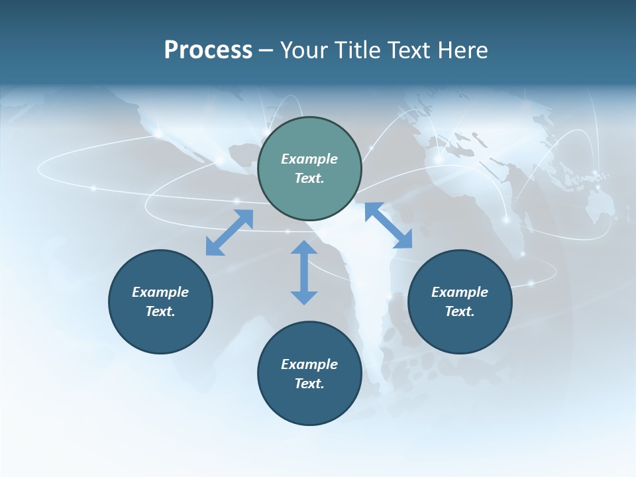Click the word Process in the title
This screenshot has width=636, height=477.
click(208, 50)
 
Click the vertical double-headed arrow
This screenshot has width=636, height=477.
click(304, 272)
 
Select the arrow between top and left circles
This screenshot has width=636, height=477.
click(229, 233)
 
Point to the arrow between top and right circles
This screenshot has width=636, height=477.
click(388, 226)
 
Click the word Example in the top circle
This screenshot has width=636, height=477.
click(309, 159)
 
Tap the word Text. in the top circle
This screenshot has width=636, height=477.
click(309, 178)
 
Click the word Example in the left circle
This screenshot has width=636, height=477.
click(160, 292)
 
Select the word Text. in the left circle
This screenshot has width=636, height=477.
click(160, 311)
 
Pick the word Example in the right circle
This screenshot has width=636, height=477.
click(460, 292)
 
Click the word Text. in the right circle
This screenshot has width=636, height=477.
click(460, 311)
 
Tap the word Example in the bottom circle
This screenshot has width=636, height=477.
click(309, 364)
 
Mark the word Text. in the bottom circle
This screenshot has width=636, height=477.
click(309, 384)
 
